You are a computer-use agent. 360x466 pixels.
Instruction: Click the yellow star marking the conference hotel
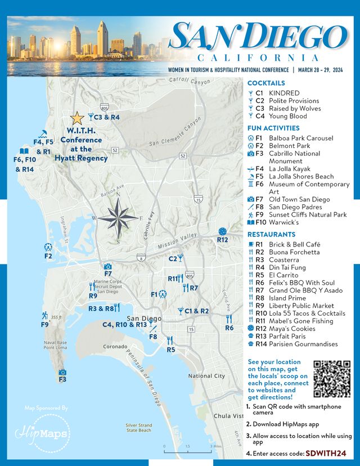coord(77,118)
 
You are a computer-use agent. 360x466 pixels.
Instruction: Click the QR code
coord(332,379)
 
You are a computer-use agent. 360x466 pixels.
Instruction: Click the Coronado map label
coord(115,347)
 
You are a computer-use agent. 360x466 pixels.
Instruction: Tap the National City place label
coord(206,376)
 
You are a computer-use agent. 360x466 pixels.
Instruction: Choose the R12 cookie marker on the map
coord(222,231)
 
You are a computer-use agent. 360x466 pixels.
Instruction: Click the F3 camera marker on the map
coord(62,372)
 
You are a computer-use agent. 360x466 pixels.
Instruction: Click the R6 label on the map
coord(229,328)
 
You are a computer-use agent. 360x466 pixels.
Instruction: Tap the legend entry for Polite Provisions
coord(294,101)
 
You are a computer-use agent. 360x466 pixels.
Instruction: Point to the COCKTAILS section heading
coord(266,83)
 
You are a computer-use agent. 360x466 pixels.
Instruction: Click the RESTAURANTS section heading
coord(271,234)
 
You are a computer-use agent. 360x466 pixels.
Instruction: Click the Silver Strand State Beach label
coord(138,428)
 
